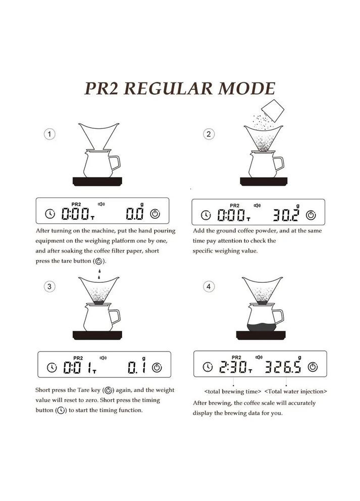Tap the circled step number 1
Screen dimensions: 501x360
[49, 134]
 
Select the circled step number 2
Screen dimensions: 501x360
[209, 134]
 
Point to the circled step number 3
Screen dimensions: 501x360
[49, 286]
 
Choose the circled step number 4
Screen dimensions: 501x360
[209, 286]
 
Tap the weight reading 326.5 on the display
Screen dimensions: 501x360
[283, 367]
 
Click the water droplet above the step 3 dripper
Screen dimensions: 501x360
[99, 272]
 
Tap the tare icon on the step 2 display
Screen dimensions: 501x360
[312, 215]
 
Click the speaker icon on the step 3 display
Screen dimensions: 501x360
[103, 358]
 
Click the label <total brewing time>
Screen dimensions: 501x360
[233, 391]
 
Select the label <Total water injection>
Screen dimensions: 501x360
[295, 391]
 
